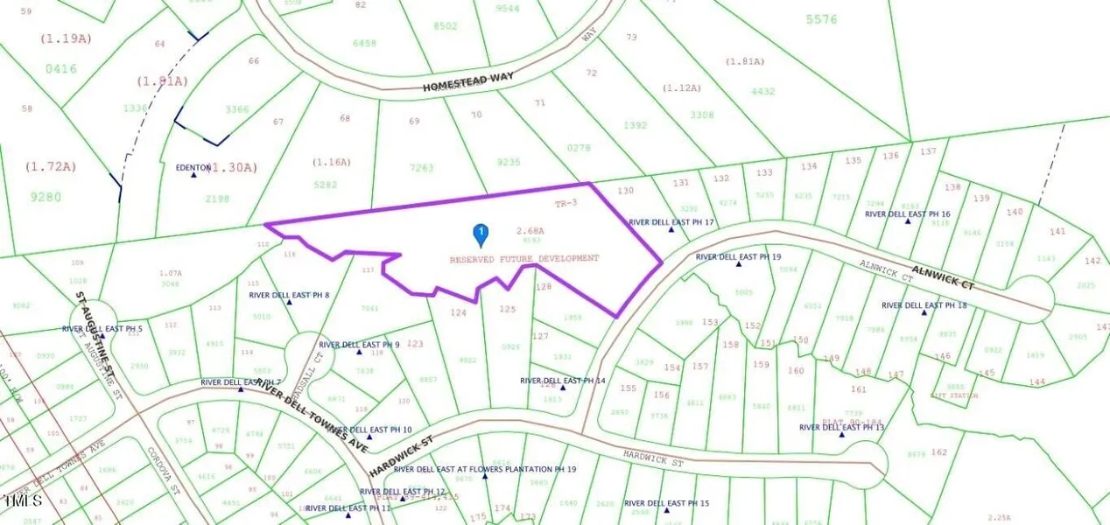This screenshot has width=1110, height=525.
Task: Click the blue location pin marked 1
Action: (481, 233)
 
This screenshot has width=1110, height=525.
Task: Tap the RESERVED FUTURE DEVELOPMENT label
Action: (524, 259)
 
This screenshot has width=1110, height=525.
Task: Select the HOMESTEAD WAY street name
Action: (468, 82)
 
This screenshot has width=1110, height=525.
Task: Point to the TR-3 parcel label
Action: (566, 203)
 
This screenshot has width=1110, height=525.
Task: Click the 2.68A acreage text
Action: (530, 231)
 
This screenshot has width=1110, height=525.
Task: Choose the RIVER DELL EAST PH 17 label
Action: (672, 222)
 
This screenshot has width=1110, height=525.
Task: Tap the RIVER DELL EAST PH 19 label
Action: (738, 257)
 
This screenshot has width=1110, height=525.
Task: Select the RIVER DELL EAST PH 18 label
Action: (924, 305)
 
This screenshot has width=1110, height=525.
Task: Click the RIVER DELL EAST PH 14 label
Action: (562, 381)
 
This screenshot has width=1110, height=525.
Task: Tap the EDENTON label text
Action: (193, 167)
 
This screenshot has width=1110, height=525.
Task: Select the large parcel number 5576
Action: (821, 19)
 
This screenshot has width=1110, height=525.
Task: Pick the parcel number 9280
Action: (46, 197)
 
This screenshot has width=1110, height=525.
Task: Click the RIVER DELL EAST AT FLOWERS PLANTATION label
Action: (485, 469)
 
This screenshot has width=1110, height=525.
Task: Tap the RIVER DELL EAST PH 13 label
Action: (842, 427)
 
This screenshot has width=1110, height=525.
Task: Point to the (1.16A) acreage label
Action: (329, 163)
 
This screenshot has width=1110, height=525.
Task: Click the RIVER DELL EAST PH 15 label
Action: (666, 503)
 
